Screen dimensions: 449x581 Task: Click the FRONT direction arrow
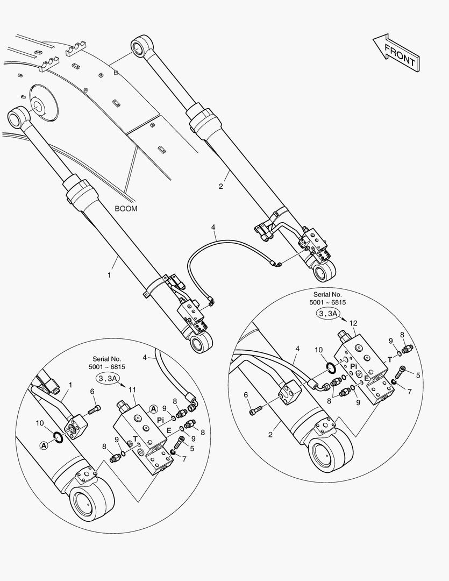coord(396,53)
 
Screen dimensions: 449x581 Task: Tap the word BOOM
coord(126,209)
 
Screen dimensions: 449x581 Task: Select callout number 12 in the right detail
coord(353,323)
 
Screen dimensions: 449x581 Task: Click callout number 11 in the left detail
coord(132,390)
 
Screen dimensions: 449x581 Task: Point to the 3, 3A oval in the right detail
coord(327,314)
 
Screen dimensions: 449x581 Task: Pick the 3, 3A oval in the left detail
coord(108,378)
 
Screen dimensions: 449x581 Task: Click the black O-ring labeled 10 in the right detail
coord(331,367)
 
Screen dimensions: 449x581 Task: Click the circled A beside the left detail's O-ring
coord(44,446)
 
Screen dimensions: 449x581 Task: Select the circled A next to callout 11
coord(153,409)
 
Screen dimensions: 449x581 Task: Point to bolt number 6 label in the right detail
coord(246,395)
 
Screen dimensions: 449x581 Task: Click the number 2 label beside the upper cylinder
coord(221,186)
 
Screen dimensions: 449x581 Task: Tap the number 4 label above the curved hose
coord(213,227)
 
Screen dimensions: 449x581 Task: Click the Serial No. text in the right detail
coord(327,295)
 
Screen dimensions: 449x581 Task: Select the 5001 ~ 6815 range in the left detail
coord(106,367)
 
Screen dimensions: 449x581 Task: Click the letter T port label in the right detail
coord(389,360)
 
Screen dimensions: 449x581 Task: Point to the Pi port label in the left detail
coord(160,420)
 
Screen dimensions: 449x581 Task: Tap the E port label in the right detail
coord(366,378)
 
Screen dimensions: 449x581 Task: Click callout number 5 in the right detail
coord(418,375)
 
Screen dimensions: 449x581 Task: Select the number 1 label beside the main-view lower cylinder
coord(109,275)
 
